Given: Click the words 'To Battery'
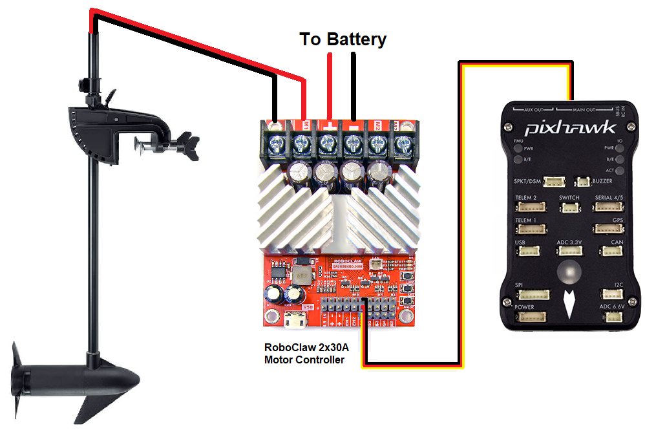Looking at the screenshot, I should [x=343, y=39].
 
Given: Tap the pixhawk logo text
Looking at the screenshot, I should [x=569, y=127].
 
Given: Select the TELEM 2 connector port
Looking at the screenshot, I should [x=531, y=208].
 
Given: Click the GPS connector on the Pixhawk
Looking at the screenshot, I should [x=608, y=230].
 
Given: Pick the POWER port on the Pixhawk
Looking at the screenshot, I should [x=530, y=317].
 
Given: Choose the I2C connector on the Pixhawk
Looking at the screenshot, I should [x=612, y=294].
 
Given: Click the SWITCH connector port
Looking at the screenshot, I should [x=569, y=208].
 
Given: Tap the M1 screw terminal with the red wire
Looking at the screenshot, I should [x=301, y=142].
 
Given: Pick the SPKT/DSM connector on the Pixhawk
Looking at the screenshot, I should [x=554, y=182].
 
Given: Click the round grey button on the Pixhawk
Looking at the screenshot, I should [x=569, y=274].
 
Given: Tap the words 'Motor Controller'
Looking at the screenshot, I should [x=304, y=360].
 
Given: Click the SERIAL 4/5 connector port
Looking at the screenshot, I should [x=608, y=208].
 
